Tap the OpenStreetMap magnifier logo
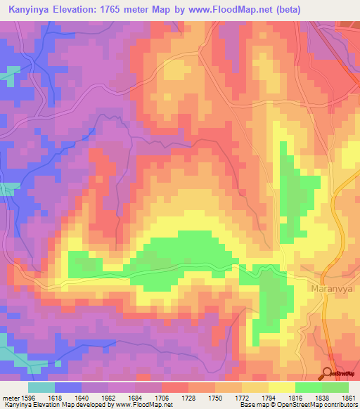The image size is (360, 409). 328,373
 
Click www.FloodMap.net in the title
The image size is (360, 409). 242,10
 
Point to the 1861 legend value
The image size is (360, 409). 348,397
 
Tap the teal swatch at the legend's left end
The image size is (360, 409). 41,387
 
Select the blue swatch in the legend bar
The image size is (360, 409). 68,387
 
